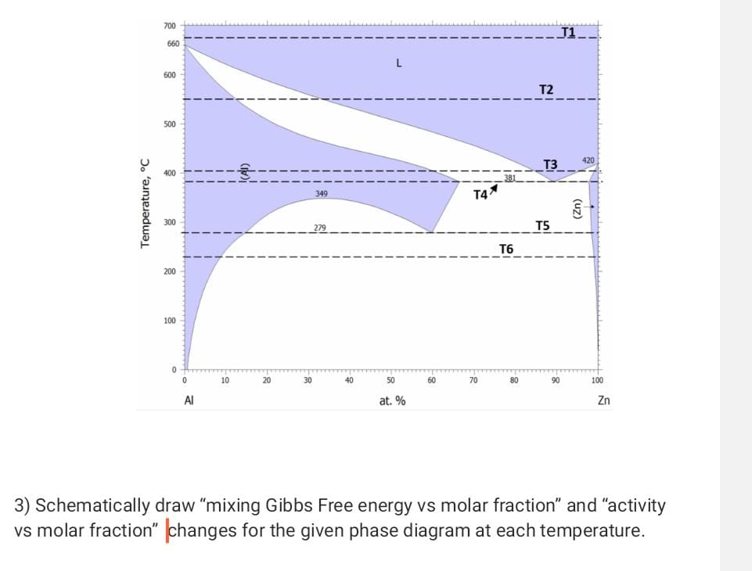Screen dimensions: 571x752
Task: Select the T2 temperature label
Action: pos(546,90)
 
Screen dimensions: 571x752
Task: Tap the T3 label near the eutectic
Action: pos(550,164)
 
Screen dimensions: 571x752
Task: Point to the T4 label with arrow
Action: pos(482,193)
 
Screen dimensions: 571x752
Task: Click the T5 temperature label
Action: pos(542,225)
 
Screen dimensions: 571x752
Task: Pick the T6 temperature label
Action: pos(506,249)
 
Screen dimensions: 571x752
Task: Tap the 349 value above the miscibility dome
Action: pos(321,192)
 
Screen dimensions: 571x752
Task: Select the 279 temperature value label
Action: pos(320,228)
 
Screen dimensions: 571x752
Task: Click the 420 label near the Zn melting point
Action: pos(588,160)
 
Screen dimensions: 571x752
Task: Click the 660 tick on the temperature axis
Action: pos(173,44)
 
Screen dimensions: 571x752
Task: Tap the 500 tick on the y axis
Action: pos(170,124)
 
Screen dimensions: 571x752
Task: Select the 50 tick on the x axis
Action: pos(390,381)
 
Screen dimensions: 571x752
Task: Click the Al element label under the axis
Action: pos(189,400)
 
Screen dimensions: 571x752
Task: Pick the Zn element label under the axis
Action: pos(603,400)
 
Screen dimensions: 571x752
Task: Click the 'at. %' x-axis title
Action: pos(392,400)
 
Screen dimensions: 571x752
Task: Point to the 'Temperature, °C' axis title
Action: pos(144,203)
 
